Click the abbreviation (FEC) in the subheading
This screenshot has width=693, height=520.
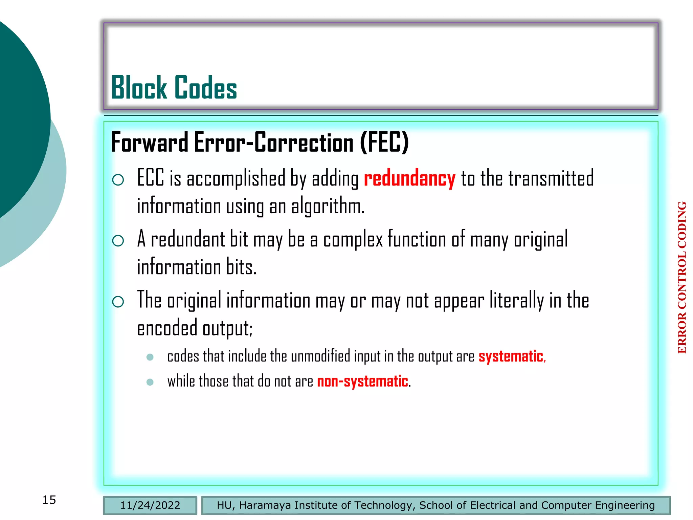(x=384, y=142)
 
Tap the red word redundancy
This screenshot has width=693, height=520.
(x=409, y=178)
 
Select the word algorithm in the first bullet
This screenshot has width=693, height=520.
(x=327, y=206)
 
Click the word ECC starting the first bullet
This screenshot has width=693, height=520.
(x=151, y=178)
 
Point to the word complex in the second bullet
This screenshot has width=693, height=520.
(x=353, y=239)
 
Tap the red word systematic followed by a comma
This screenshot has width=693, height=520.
(x=511, y=356)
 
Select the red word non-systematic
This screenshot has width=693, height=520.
(x=362, y=381)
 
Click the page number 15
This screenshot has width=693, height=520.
(x=49, y=500)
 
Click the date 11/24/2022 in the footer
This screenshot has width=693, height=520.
(x=150, y=505)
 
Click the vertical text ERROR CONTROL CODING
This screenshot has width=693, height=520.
(x=682, y=277)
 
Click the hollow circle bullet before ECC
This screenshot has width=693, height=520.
(x=118, y=179)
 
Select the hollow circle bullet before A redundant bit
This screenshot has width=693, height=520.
(x=118, y=241)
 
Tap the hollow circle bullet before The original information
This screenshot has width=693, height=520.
(x=118, y=301)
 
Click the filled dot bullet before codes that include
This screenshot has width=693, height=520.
(x=150, y=357)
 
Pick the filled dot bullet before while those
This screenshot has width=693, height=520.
(x=150, y=382)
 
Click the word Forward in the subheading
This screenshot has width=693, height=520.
(x=150, y=143)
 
